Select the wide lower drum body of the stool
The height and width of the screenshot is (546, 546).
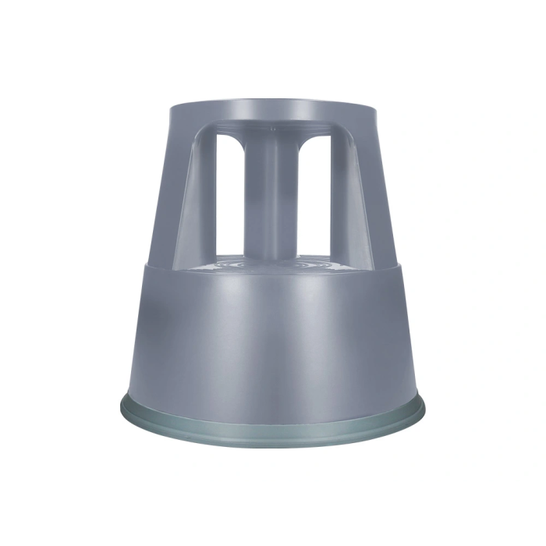click(273, 335)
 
